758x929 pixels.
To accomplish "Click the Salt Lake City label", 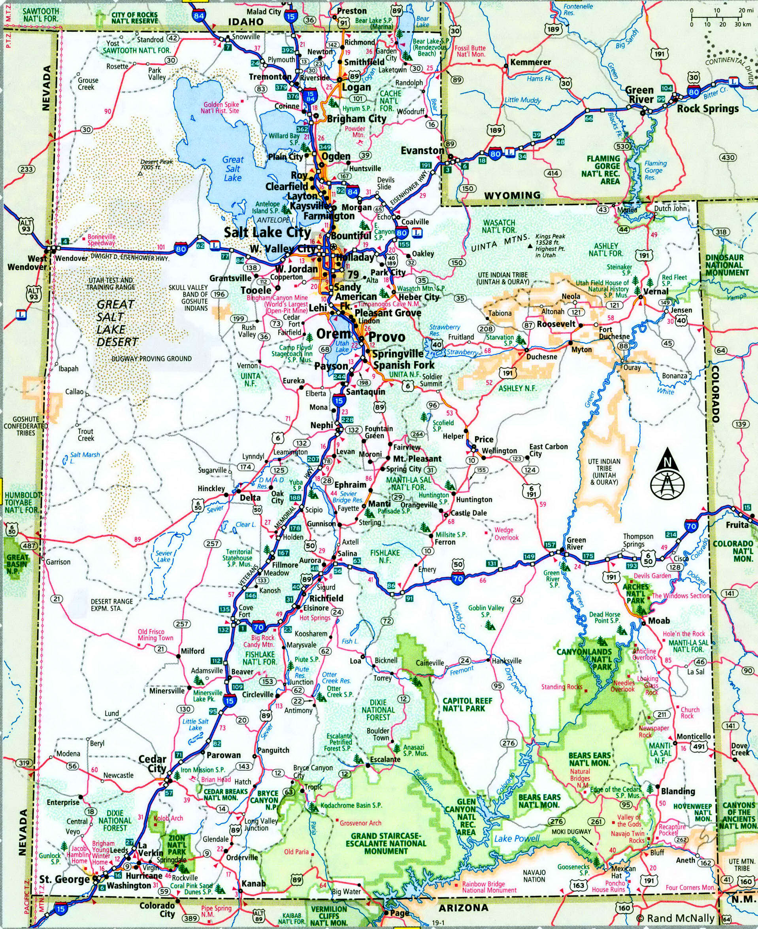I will [267, 233].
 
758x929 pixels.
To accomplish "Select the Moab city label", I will [658, 621].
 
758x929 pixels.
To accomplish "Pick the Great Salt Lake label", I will [233, 168].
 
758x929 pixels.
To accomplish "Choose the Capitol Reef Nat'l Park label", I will [467, 704].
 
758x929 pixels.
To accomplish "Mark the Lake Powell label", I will [517, 838].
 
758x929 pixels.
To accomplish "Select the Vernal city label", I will [655, 291].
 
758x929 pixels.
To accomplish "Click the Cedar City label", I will [153, 764].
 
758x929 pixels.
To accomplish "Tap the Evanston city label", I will [422, 150].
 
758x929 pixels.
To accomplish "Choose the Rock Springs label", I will [707, 109].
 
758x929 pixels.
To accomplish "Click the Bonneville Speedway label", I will [101, 239].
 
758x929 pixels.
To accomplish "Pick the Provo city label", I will [387, 337].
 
